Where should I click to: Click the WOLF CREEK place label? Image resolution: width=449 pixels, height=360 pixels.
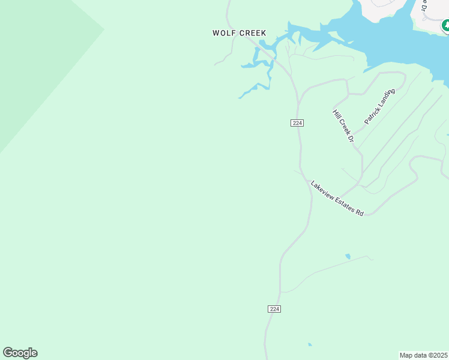[239, 33]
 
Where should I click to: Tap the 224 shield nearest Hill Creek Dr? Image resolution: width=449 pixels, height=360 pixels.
[297, 122]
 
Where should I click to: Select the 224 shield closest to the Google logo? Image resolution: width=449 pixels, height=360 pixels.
[274, 308]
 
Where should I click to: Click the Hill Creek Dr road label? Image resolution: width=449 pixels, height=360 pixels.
[344, 126]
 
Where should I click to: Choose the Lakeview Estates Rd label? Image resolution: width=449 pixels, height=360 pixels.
[337, 199]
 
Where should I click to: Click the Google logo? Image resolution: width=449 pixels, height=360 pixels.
[20, 353]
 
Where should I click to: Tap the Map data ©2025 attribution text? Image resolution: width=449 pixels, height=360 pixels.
[424, 355]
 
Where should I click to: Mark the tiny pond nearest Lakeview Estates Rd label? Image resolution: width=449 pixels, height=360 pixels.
[348, 256]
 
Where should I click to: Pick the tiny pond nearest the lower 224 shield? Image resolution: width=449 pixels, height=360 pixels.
[310, 344]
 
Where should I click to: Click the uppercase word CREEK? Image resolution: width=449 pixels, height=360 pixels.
[253, 33]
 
